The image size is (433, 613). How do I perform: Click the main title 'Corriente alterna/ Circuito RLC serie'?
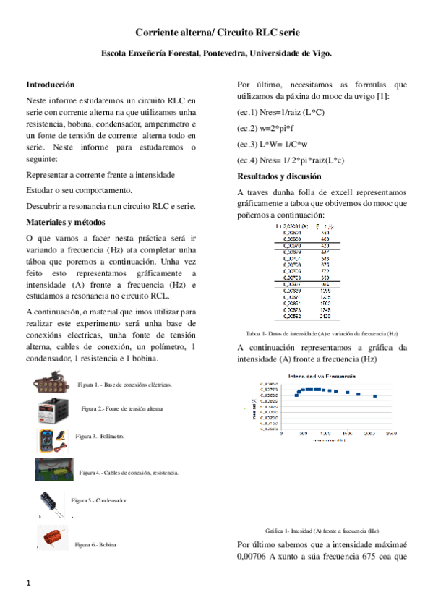216,33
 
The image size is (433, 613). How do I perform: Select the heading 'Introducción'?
50,85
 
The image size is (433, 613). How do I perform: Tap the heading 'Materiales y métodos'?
66,221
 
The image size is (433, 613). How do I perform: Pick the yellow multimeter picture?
51,438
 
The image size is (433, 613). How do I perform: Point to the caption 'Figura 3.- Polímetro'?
100,437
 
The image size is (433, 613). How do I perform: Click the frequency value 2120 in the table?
325,316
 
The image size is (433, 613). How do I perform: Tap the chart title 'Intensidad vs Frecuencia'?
319,377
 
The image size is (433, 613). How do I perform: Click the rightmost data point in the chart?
374,396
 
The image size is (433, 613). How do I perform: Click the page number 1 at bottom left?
27,583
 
